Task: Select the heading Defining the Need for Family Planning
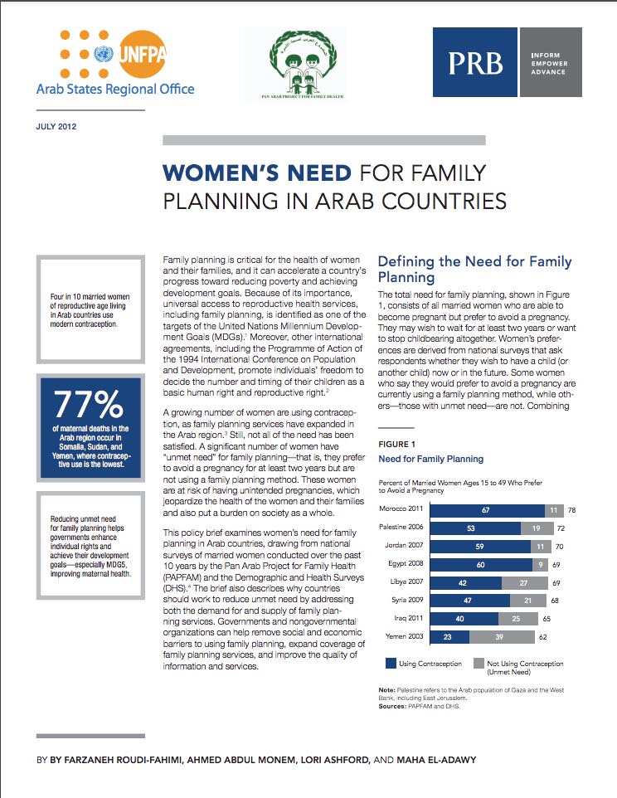(474, 269)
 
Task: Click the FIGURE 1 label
(397, 443)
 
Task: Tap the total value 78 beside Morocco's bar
(572, 508)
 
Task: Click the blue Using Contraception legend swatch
(390, 663)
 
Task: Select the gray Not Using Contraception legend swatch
(479, 663)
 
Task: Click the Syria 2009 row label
(406, 601)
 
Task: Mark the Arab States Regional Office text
(115, 89)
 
